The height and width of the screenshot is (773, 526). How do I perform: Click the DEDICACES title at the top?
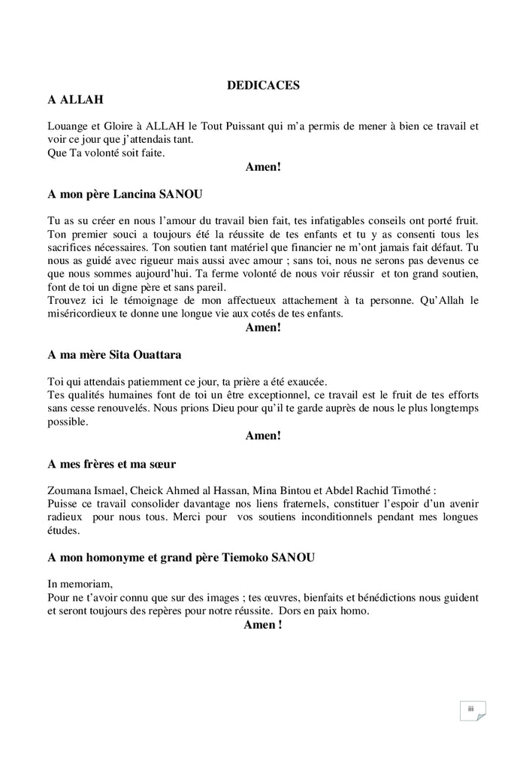tap(263, 86)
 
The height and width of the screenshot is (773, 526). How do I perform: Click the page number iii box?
tap(471, 710)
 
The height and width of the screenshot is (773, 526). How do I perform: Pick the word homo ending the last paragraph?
tap(354, 611)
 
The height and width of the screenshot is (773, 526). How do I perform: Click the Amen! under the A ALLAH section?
tap(263, 167)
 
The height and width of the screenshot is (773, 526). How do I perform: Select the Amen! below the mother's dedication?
tap(263, 435)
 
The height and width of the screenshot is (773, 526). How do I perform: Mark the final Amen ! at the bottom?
tap(263, 625)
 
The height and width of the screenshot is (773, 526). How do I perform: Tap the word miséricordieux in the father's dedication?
tap(82, 314)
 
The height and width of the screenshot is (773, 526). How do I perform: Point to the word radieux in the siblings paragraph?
tap(65, 517)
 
